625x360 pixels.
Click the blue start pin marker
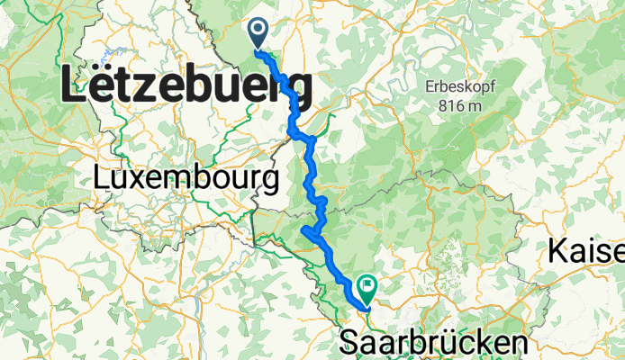[x=258, y=33]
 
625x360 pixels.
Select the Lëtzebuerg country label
[x=186, y=89]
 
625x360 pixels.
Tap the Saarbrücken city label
[x=432, y=343]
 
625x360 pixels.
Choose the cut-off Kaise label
[x=586, y=253]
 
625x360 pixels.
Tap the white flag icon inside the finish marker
[x=369, y=287]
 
